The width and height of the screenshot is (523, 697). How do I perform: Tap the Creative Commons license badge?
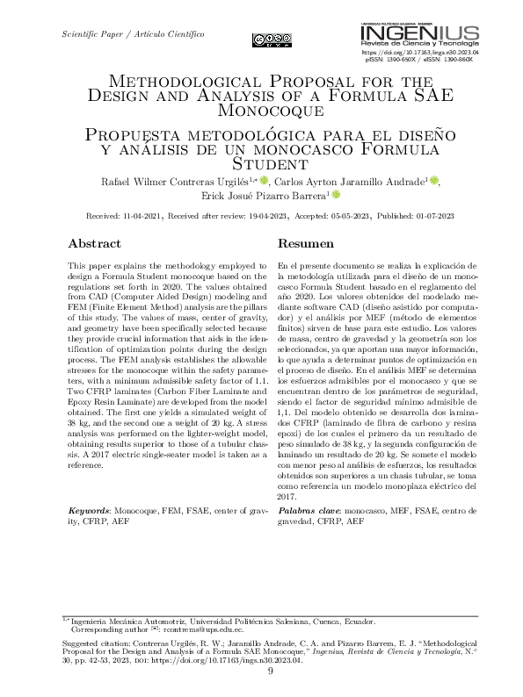[x=272, y=38]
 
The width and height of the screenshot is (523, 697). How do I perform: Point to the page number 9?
[x=270, y=672]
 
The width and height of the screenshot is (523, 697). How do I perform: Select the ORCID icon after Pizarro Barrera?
[x=334, y=195]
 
